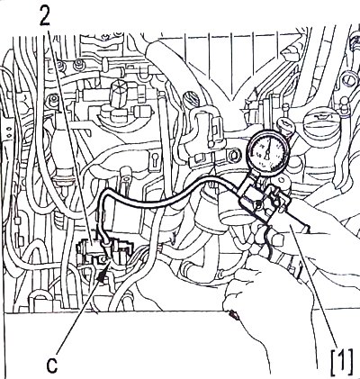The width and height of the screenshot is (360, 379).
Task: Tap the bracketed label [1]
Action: click(x=342, y=362)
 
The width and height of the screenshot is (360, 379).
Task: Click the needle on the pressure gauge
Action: click(x=268, y=149)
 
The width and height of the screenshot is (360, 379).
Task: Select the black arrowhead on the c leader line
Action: click(x=103, y=274)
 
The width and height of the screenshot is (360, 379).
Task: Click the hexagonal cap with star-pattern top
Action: click(x=119, y=90)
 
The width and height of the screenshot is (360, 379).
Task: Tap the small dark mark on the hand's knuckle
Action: click(x=232, y=315)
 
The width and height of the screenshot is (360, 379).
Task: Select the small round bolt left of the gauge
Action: click(x=233, y=155)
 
